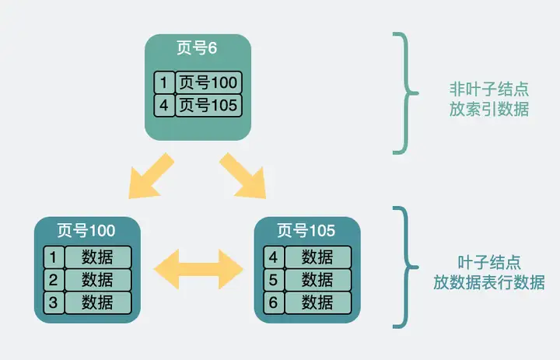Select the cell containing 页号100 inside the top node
click(x=208, y=82)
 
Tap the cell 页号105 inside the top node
click(x=208, y=105)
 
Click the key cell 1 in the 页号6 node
click(x=163, y=82)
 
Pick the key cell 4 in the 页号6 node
click(x=163, y=105)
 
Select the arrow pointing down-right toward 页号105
click(x=243, y=175)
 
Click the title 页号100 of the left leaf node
click(x=86, y=230)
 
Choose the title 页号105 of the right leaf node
click(x=306, y=230)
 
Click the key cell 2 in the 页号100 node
click(x=53, y=279)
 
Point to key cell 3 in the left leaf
click(x=53, y=302)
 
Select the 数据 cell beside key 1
click(x=97, y=257)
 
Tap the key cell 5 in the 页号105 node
click(x=273, y=279)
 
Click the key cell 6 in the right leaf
click(x=273, y=302)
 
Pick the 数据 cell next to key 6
click(x=317, y=302)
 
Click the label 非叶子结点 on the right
click(x=488, y=88)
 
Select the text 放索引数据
click(x=488, y=110)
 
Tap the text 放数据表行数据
click(x=488, y=282)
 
